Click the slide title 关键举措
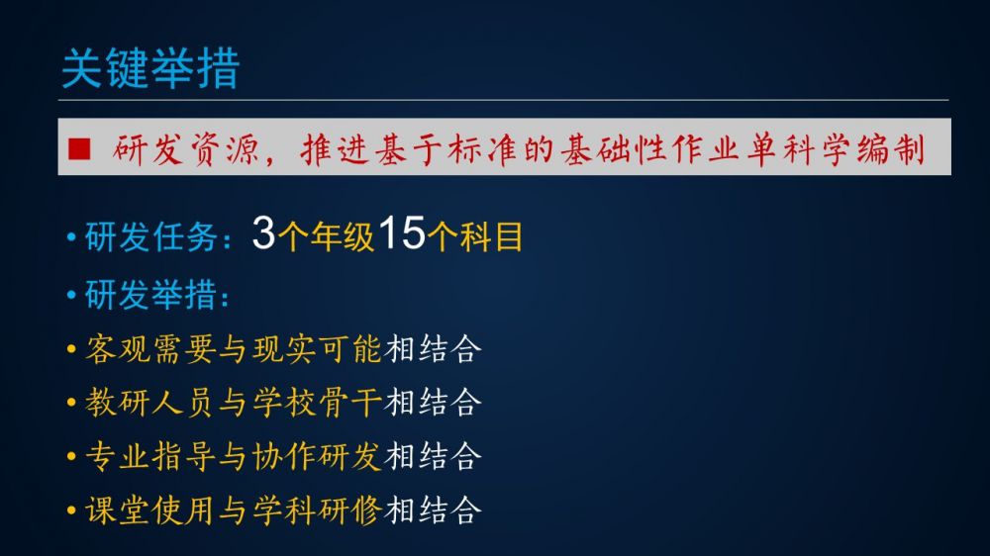pyautogui.click(x=150, y=68)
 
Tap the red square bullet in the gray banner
pyautogui.click(x=79, y=149)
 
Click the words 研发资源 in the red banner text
pyautogui.click(x=185, y=150)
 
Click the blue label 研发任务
pyautogui.click(x=150, y=237)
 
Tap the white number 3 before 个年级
pyautogui.click(x=263, y=232)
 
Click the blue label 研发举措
pyautogui.click(x=150, y=295)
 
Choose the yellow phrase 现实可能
pyautogui.click(x=317, y=349)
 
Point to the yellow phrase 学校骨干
pyautogui.click(x=317, y=403)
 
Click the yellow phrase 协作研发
pyautogui.click(x=317, y=456)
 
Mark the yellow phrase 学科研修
pyautogui.click(x=317, y=510)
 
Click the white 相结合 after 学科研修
pyautogui.click(x=434, y=510)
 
